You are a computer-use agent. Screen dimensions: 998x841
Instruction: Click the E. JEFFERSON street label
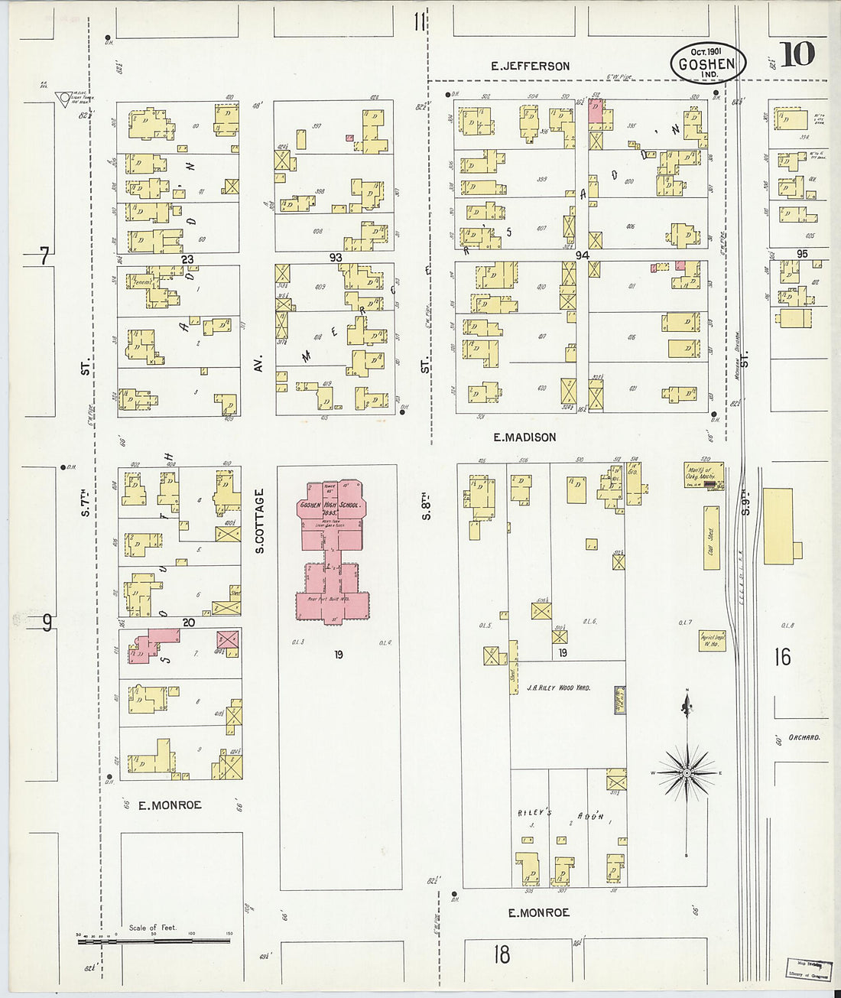tap(530, 67)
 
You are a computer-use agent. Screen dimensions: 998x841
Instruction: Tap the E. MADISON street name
tap(524, 437)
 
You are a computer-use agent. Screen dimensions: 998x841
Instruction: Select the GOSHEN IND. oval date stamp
tap(707, 63)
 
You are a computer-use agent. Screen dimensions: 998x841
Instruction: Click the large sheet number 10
tap(797, 55)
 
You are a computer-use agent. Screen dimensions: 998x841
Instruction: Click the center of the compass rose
tap(687, 773)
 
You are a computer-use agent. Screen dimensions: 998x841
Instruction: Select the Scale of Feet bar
tap(153, 940)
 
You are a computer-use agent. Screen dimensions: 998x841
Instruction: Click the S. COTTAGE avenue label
tap(259, 521)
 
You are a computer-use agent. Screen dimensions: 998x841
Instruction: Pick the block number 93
tap(336, 258)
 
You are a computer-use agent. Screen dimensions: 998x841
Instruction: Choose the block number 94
tap(583, 255)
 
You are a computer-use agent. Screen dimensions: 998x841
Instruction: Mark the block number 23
tap(187, 260)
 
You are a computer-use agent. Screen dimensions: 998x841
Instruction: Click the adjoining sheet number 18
tap(502, 954)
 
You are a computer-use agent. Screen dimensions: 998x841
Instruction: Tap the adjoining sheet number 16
tap(782, 657)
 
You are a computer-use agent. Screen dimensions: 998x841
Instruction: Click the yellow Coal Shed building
tap(711, 541)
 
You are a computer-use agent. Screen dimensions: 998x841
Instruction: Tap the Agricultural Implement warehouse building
tap(713, 641)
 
